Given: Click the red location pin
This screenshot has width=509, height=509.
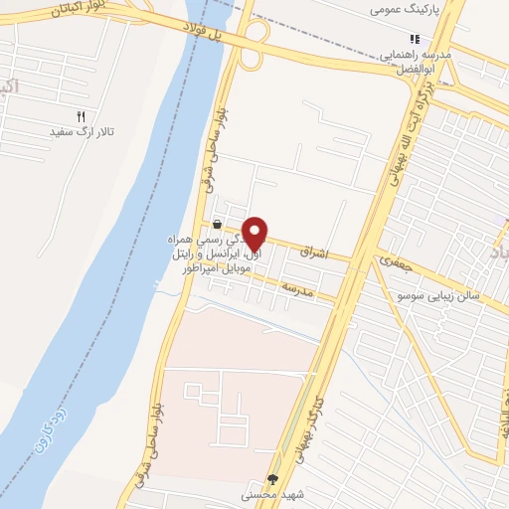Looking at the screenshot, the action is pos(255,233).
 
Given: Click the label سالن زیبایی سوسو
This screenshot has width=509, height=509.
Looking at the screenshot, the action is pos(438,296).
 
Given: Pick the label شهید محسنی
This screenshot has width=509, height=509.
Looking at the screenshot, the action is pos(271,494).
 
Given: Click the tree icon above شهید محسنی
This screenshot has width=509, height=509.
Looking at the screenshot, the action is pos(273,478).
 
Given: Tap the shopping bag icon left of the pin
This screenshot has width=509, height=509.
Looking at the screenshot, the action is pos(217,225).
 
